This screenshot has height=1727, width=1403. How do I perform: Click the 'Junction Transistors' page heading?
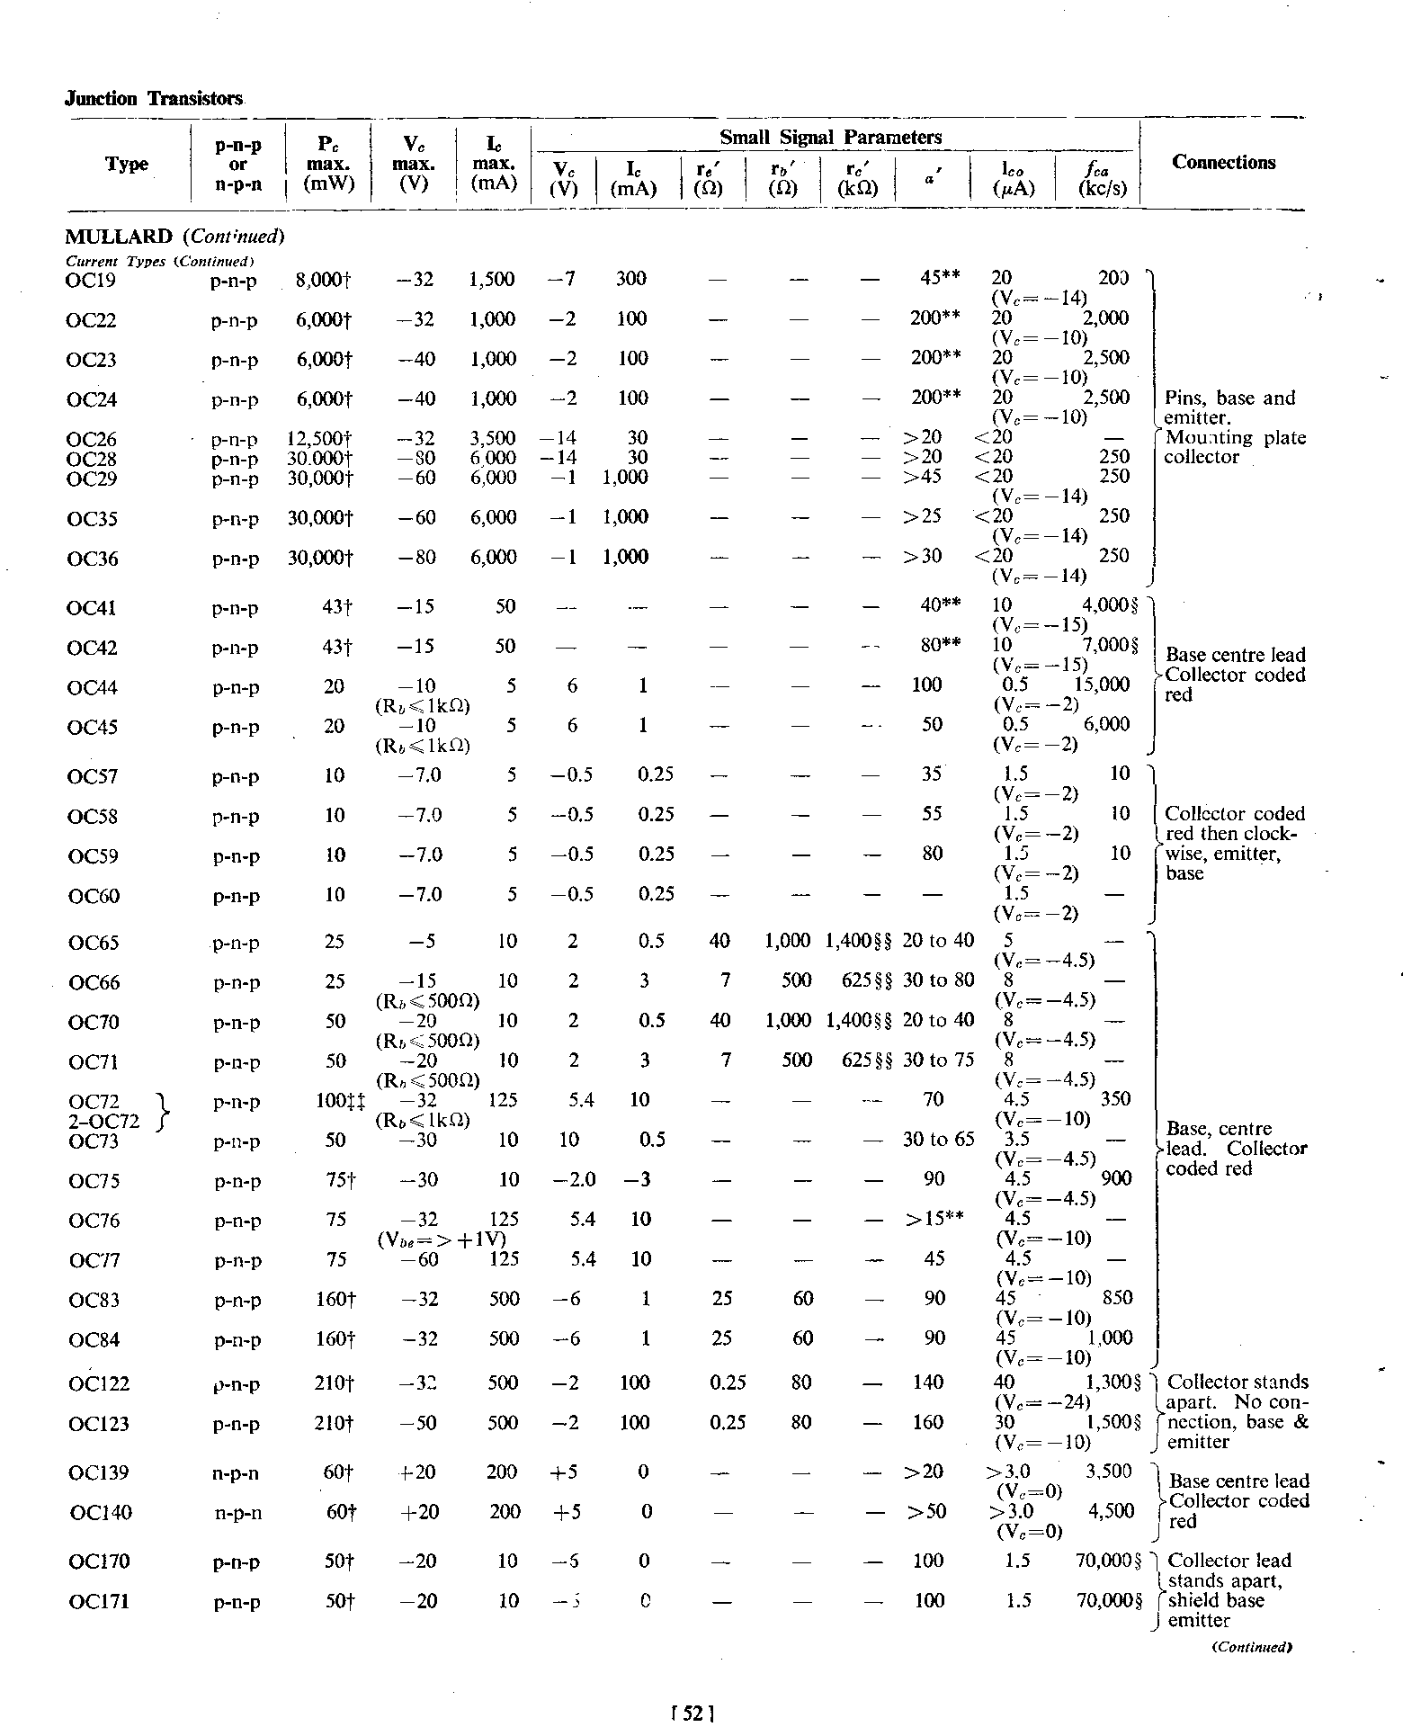click(154, 99)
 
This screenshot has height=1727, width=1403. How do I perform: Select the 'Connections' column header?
click(1223, 163)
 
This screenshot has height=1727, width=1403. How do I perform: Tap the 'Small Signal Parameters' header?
click(830, 138)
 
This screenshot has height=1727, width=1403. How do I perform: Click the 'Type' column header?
click(127, 165)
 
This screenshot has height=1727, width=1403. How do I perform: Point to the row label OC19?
click(92, 280)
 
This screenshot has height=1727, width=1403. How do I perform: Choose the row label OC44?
click(93, 688)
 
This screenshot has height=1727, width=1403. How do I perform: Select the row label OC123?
click(99, 1424)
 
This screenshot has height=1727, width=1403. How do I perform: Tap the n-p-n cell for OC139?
click(237, 1473)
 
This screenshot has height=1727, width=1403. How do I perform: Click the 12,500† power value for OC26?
click(317, 440)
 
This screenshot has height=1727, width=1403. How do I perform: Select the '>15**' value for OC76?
click(934, 1220)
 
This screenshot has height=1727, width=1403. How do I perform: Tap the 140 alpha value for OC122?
click(928, 1382)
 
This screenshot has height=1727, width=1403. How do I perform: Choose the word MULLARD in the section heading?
click(119, 237)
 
